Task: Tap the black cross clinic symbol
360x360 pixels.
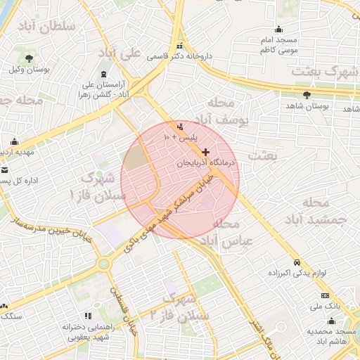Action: tap(205, 152)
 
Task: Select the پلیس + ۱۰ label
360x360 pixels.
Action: tap(181, 137)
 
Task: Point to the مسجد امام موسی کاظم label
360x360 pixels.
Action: tap(278, 45)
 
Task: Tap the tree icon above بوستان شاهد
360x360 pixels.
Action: tap(307, 95)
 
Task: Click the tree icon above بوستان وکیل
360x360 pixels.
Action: tap(29, 58)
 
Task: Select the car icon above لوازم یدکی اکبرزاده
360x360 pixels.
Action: tap(297, 261)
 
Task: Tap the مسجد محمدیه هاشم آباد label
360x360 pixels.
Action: tap(335, 335)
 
